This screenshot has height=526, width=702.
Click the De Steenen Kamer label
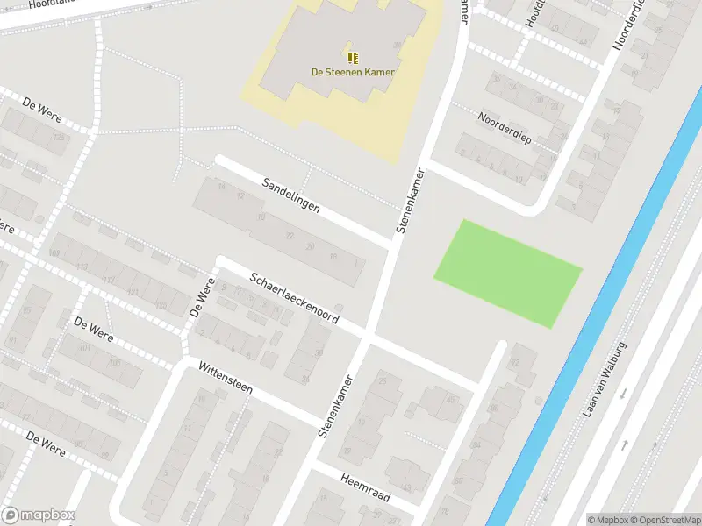pyautogui.click(x=353, y=72)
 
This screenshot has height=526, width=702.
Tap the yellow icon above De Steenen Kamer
pyautogui.click(x=353, y=58)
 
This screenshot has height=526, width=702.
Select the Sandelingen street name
pyautogui.click(x=290, y=195)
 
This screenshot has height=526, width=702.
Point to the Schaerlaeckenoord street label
pyautogui.click(x=294, y=298)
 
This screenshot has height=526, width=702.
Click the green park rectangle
pyautogui.click(x=507, y=273)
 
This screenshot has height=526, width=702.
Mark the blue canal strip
pyautogui.click(x=597, y=307)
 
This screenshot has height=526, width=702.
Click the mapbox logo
pyautogui.click(x=39, y=515)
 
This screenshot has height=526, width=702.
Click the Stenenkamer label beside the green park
pyautogui.click(x=410, y=200)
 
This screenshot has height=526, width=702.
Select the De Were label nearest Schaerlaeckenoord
pyautogui.click(x=201, y=299)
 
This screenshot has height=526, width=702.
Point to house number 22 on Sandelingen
pyautogui.click(x=290, y=235)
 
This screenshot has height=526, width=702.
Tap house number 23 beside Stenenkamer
pyautogui.click(x=382, y=380)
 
